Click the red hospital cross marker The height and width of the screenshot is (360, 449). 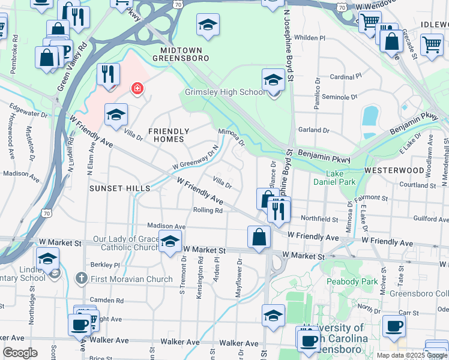137,89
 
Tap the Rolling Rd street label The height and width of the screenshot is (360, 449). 208,210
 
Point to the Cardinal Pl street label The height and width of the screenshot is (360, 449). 346,77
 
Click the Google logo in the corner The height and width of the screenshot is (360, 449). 20,352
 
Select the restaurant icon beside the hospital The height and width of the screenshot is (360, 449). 108,74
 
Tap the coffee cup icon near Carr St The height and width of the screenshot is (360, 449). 394,326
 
